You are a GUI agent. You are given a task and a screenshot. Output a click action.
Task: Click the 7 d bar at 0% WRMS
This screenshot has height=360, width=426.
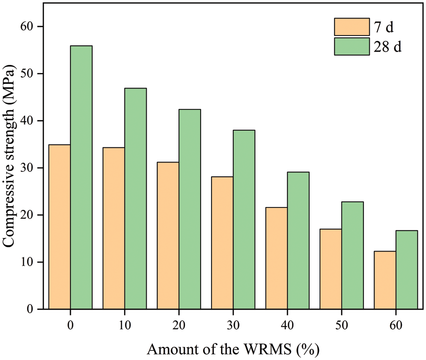pyautogui.click(x=59, y=227)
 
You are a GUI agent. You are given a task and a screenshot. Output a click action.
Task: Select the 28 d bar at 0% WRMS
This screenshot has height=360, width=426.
pyautogui.click(x=81, y=178)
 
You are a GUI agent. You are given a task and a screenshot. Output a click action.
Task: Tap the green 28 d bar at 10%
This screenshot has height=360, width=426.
pyautogui.click(x=135, y=199)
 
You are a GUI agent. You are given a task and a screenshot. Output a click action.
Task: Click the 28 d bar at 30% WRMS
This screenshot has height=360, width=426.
pyautogui.click(x=244, y=220)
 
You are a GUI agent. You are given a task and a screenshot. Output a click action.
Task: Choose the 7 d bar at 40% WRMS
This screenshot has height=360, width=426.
pyautogui.click(x=276, y=259)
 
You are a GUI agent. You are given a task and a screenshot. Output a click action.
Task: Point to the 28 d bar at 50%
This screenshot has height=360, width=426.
pyautogui.click(x=353, y=256)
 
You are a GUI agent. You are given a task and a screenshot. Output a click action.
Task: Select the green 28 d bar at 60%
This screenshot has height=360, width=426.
pyautogui.click(x=407, y=270)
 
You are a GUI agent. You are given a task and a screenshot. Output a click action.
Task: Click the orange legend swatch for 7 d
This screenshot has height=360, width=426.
pyautogui.click(x=352, y=27)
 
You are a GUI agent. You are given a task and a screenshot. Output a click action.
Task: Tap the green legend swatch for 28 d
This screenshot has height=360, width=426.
pyautogui.click(x=352, y=47)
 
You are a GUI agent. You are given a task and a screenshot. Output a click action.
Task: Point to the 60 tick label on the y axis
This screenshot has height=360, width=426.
pyautogui.click(x=29, y=27)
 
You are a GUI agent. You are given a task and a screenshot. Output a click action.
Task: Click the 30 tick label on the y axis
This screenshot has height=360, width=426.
pyautogui.click(x=29, y=168)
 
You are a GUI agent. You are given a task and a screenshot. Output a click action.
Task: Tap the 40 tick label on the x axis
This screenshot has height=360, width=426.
pyautogui.click(x=287, y=325)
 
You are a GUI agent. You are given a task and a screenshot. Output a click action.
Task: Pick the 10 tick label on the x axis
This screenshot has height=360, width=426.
pyautogui.click(x=124, y=325)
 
